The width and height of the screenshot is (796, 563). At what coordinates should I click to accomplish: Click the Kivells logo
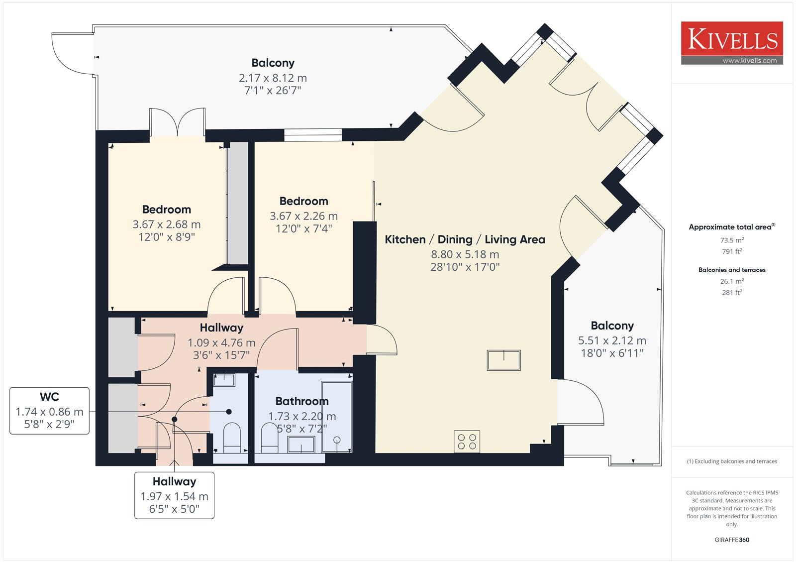pos(732,43)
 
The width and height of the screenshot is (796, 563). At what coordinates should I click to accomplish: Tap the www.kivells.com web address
pos(749,60)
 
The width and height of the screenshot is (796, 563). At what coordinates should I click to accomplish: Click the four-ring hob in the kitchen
pos(467,442)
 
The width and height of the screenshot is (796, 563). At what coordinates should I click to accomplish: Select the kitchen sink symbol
pos(503,360)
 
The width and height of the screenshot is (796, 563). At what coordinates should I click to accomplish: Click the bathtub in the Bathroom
pos(336,417)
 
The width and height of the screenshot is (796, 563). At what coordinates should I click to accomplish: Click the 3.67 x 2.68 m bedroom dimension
pos(166,225)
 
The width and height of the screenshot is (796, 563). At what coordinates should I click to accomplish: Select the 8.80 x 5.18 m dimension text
pos(465,254)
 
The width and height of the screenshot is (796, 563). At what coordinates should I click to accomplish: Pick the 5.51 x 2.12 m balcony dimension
pos(612,340)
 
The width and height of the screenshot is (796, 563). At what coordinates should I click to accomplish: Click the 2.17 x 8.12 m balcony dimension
pos(273,78)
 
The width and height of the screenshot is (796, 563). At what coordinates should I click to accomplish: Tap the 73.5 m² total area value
pos(732,240)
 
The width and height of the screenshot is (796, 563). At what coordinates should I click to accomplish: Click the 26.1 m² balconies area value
pos(732,281)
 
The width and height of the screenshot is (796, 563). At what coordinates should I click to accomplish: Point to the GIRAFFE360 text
pos(732,540)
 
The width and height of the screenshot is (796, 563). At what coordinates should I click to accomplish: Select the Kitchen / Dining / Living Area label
pos(465,239)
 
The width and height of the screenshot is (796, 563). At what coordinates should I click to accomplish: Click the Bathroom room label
pos(301,401)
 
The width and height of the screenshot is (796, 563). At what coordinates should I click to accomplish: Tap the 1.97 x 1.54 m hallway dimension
pos(174,496)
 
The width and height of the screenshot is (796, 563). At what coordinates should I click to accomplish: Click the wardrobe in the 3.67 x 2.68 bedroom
pos(237,203)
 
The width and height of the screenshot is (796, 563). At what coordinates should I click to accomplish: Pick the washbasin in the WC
pos(224,380)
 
